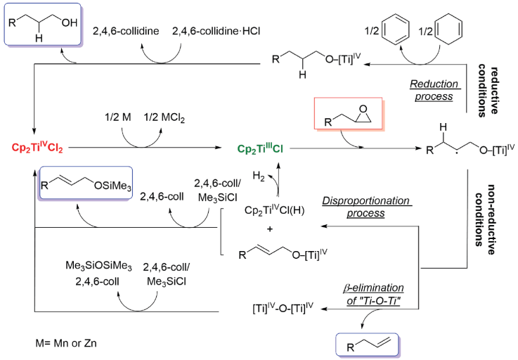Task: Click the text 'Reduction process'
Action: (435, 90)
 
